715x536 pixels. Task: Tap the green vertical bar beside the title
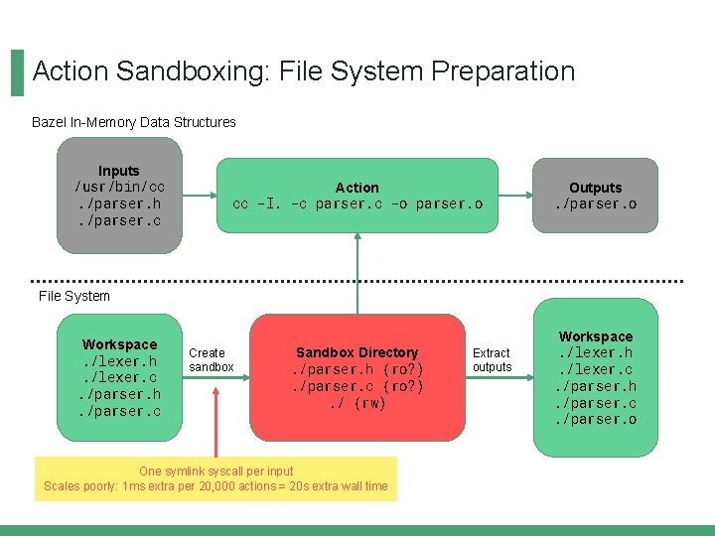point(17,72)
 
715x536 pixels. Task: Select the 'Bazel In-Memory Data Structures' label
point(134,122)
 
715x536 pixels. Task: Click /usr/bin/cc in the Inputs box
point(119,188)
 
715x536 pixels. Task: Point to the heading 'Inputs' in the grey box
point(119,171)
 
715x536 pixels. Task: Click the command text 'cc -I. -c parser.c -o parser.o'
point(357,204)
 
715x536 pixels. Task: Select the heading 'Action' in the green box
point(357,188)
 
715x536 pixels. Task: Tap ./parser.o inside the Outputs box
point(596,204)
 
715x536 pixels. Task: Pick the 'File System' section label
point(74,296)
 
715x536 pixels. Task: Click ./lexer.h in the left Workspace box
point(119,361)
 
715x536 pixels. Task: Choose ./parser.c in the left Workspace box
point(119,411)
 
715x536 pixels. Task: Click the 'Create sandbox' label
point(210,360)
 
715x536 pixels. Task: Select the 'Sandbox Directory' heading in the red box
point(357,352)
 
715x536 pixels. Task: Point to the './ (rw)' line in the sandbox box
point(357,403)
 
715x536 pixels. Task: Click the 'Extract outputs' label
point(492,360)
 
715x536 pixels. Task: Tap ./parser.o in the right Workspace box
point(596,420)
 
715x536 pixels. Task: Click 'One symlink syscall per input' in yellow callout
point(215,470)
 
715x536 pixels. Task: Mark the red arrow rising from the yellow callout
point(216,417)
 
